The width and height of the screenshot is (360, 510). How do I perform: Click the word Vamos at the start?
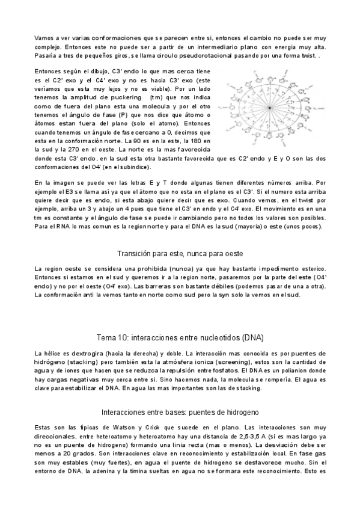(x=44, y=37)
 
